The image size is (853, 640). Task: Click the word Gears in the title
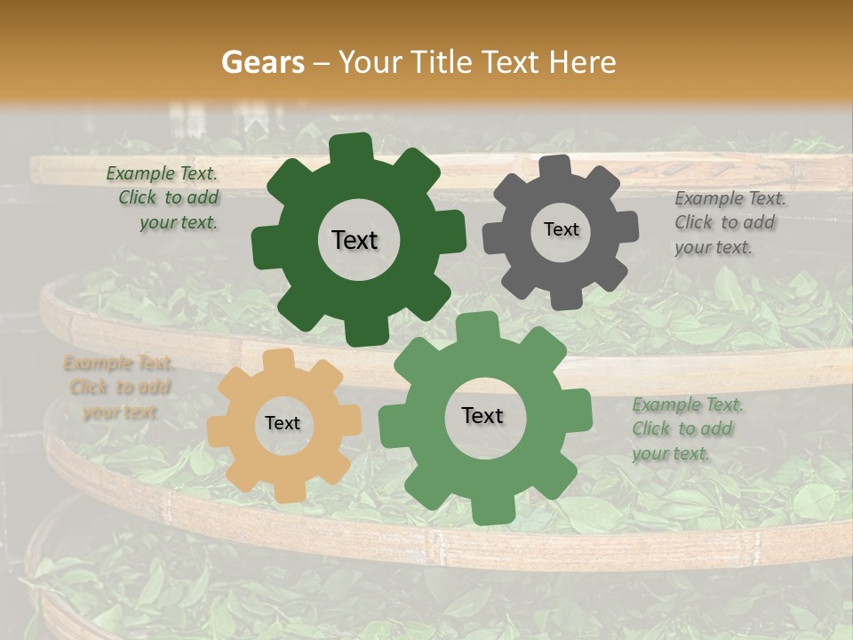pyautogui.click(x=262, y=62)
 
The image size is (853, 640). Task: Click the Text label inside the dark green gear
pyautogui.click(x=355, y=240)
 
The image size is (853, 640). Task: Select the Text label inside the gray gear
pyautogui.click(x=561, y=229)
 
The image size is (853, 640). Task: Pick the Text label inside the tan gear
pyautogui.click(x=283, y=423)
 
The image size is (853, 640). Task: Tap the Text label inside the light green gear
pyautogui.click(x=482, y=415)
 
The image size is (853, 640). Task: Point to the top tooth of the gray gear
pyautogui.click(x=554, y=166)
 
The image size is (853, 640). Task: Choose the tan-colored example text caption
pyautogui.click(x=118, y=388)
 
